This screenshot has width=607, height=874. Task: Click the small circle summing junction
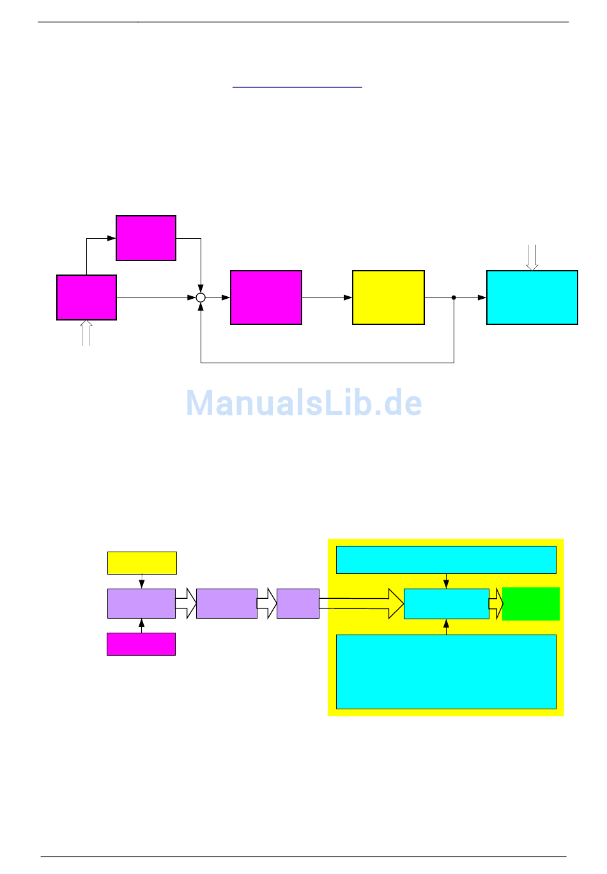coord(201,298)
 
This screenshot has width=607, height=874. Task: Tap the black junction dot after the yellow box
coord(454,298)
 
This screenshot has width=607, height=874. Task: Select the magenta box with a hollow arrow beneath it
coord(86,298)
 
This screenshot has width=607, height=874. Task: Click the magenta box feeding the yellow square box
coord(266,298)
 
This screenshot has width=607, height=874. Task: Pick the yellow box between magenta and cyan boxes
coord(388,298)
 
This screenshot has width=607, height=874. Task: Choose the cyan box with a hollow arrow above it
coord(532,298)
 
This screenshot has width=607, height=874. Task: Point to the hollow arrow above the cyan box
coord(532,258)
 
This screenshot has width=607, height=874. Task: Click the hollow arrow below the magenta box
coord(86,333)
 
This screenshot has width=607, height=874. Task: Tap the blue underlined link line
coord(297,86)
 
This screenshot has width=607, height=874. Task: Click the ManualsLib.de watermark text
coord(303,403)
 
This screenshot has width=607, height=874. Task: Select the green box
coord(530,604)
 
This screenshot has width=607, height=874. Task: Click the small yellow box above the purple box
coord(142,563)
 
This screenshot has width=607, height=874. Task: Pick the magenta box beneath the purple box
coord(141,644)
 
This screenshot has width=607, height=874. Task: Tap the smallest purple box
coord(298,603)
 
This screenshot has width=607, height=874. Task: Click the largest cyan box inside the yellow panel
coord(446,672)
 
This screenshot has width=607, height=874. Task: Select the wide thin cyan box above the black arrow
coord(446,560)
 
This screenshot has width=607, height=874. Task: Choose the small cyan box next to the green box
coord(446,604)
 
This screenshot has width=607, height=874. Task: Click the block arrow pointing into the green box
coord(496,604)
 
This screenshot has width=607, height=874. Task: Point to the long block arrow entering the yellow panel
coord(362,603)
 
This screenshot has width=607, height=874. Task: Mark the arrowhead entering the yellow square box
coord(348,298)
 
